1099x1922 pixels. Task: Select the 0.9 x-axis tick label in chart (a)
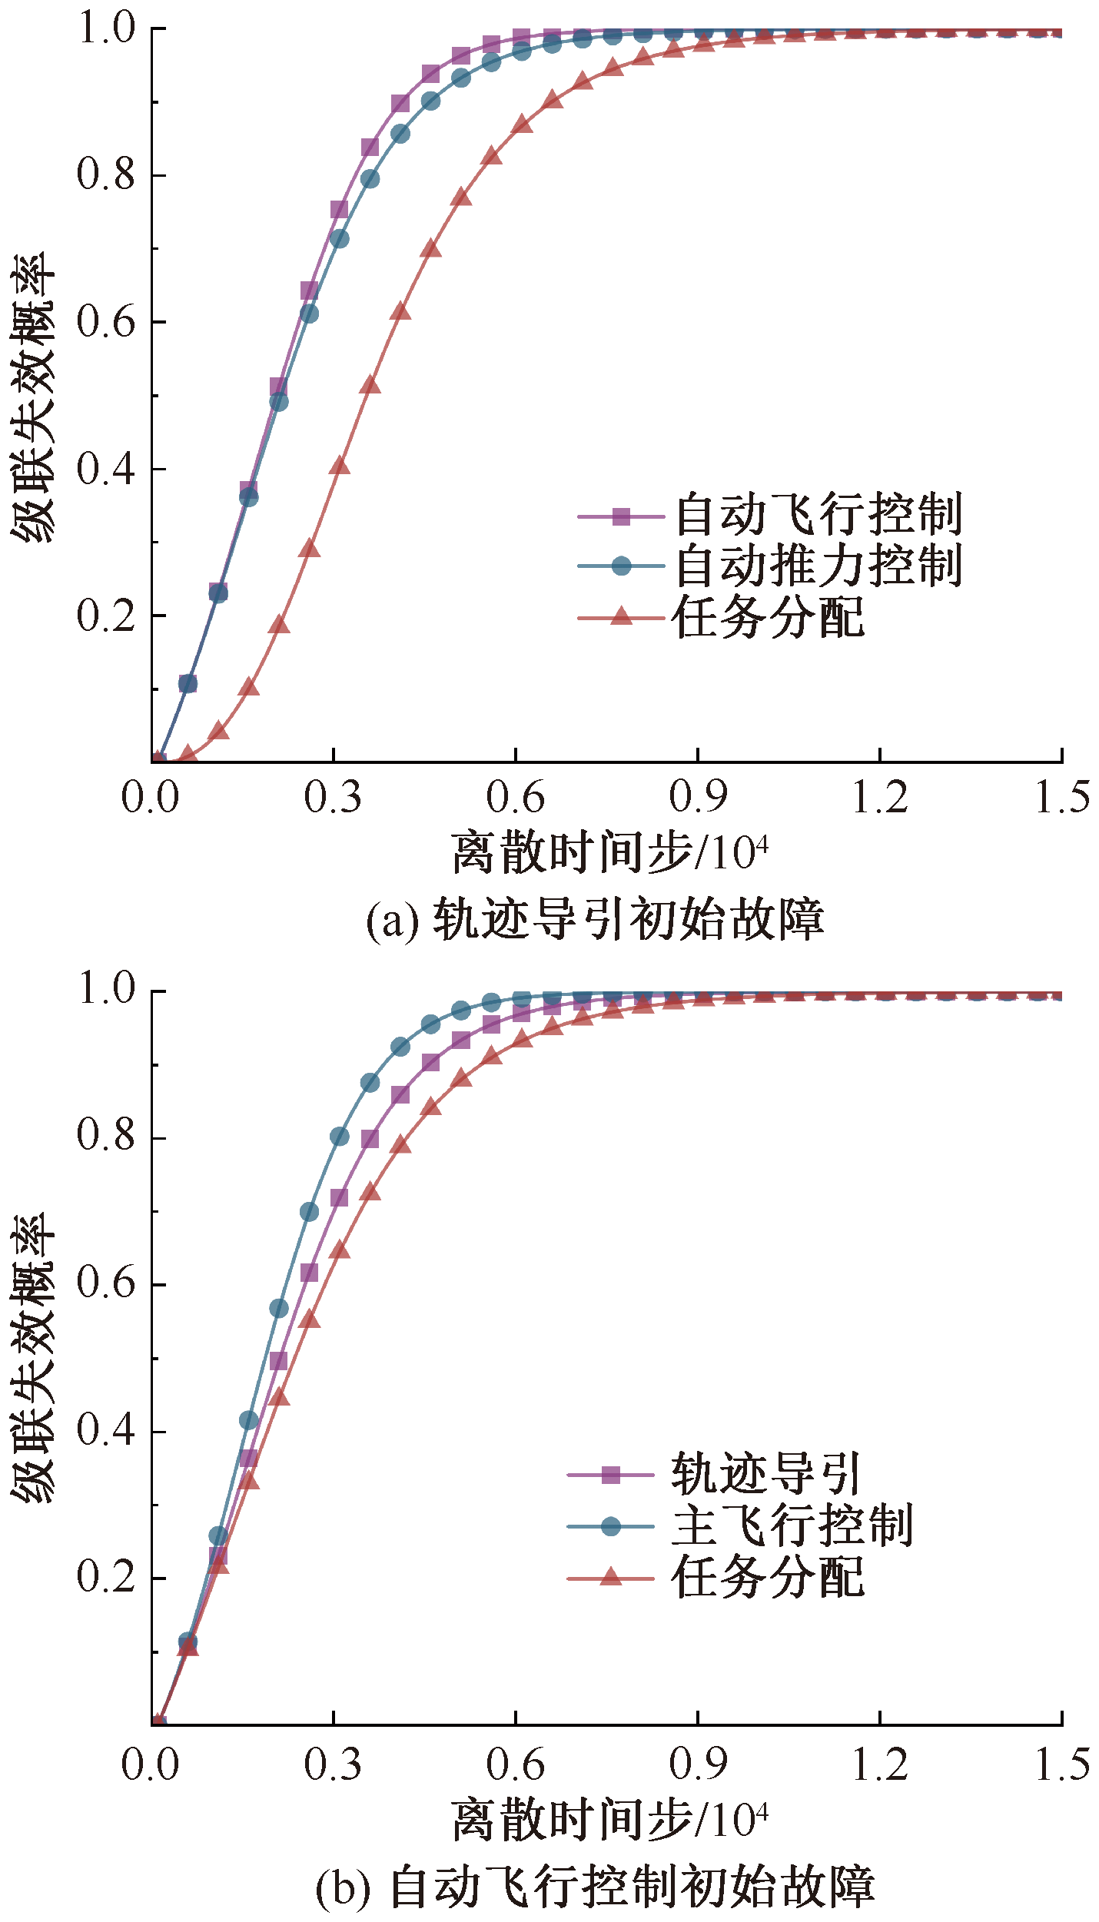697,798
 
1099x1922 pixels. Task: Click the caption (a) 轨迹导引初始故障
595,919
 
